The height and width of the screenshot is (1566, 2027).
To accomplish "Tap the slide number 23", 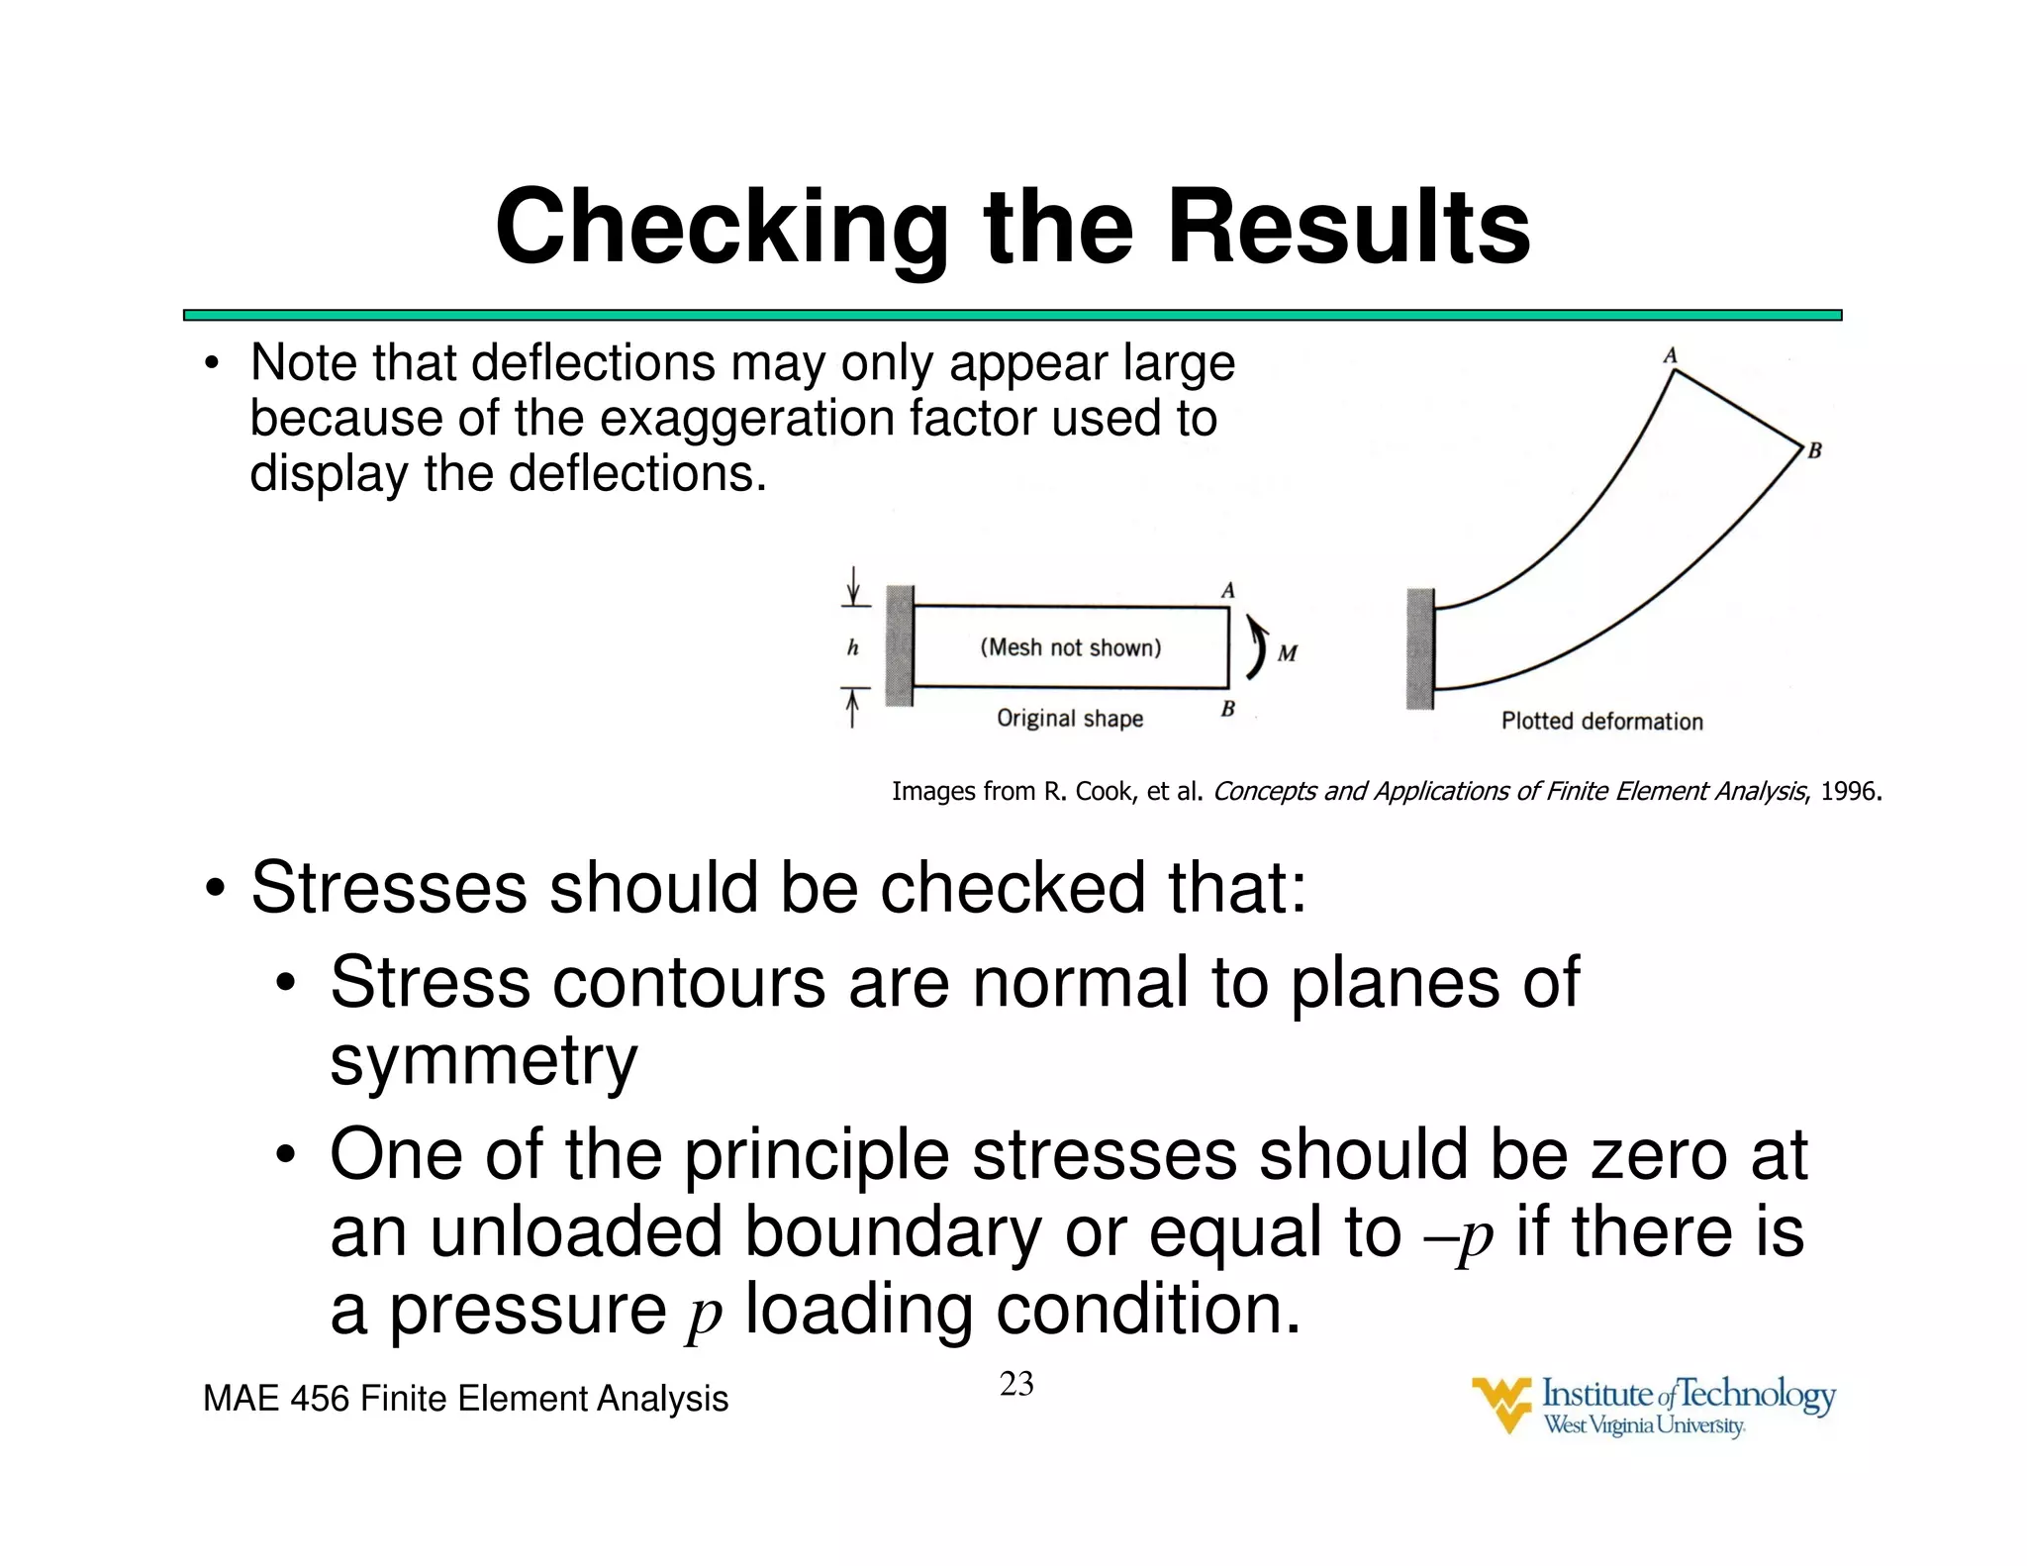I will pos(1016,1384).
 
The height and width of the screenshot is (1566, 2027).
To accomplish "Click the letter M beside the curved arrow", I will pos(1287,653).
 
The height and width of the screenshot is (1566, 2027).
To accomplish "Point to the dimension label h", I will pos(852,648).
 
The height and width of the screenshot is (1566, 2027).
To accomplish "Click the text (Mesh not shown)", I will pos(1071,647).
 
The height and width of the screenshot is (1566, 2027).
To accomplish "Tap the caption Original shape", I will pos(1069,719).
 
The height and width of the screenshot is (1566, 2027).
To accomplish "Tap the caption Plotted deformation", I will pos(1601,722).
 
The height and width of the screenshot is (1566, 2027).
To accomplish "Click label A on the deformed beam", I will pos(1670,355).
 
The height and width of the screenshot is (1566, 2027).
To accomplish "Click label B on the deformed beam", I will pos(1814,451).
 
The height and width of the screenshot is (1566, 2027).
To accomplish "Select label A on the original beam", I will pos(1227,591).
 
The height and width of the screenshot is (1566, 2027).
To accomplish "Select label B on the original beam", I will pos(1227,709).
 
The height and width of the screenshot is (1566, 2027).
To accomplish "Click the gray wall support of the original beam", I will pos(899,645).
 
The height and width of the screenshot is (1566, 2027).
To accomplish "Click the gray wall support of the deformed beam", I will pos(1420,648).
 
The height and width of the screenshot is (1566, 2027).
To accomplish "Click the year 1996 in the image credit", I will pos(1849,791).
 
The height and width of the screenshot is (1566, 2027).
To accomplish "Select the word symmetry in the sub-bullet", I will pos(483,1061).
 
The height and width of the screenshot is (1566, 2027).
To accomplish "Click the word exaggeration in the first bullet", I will pos(748,418).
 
